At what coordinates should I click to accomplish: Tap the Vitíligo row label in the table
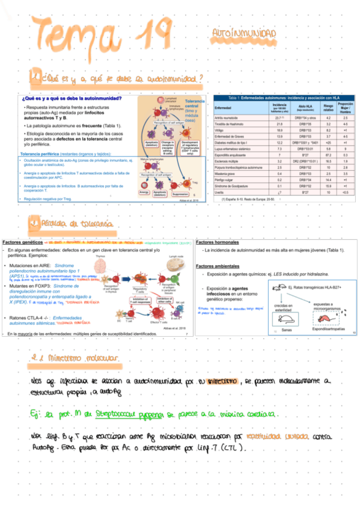220,129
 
